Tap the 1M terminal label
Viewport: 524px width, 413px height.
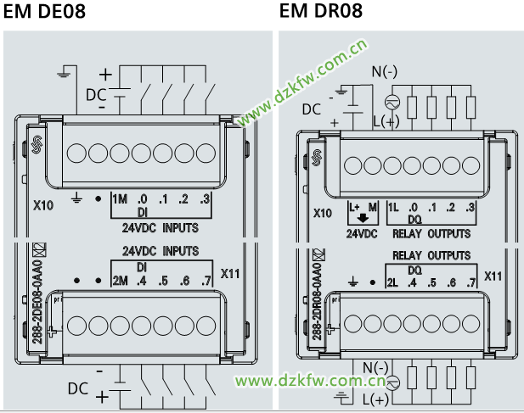(119, 199)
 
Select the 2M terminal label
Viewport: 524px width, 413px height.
(119, 280)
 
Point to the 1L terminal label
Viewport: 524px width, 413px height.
(393, 207)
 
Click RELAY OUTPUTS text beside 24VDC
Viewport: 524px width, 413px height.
(431, 233)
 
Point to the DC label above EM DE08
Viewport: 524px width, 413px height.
(96, 94)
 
